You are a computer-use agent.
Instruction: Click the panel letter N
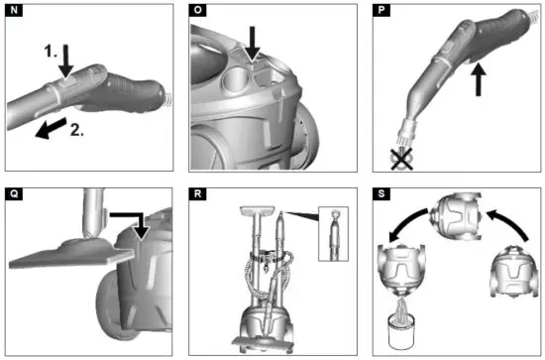click(12, 12)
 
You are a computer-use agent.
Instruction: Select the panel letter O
click(198, 12)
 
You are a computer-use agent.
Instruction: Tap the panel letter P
click(383, 12)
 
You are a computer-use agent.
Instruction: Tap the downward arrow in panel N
click(65, 57)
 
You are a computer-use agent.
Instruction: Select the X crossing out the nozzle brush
click(399, 157)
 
